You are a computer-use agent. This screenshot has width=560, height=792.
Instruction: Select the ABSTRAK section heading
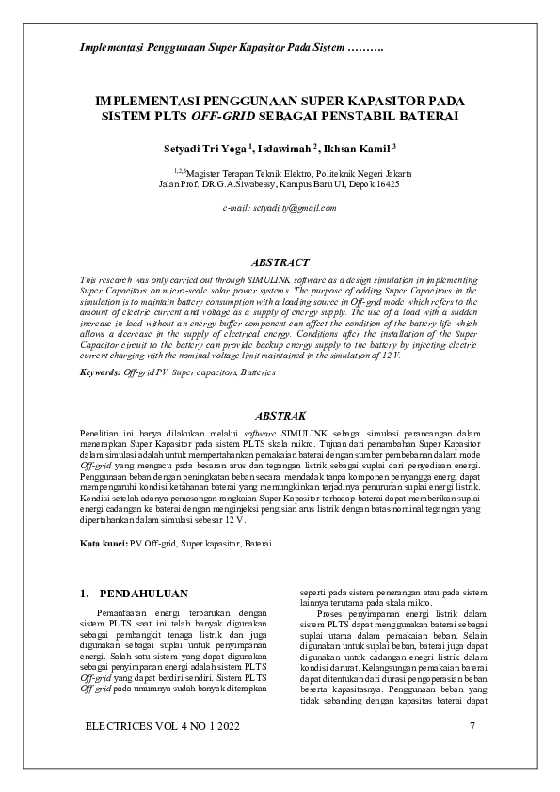pos(280,415)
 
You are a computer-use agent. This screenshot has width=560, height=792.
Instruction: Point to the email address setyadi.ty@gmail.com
pos(280,207)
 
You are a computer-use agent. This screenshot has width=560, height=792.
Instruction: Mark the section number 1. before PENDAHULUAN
pos(87,594)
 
